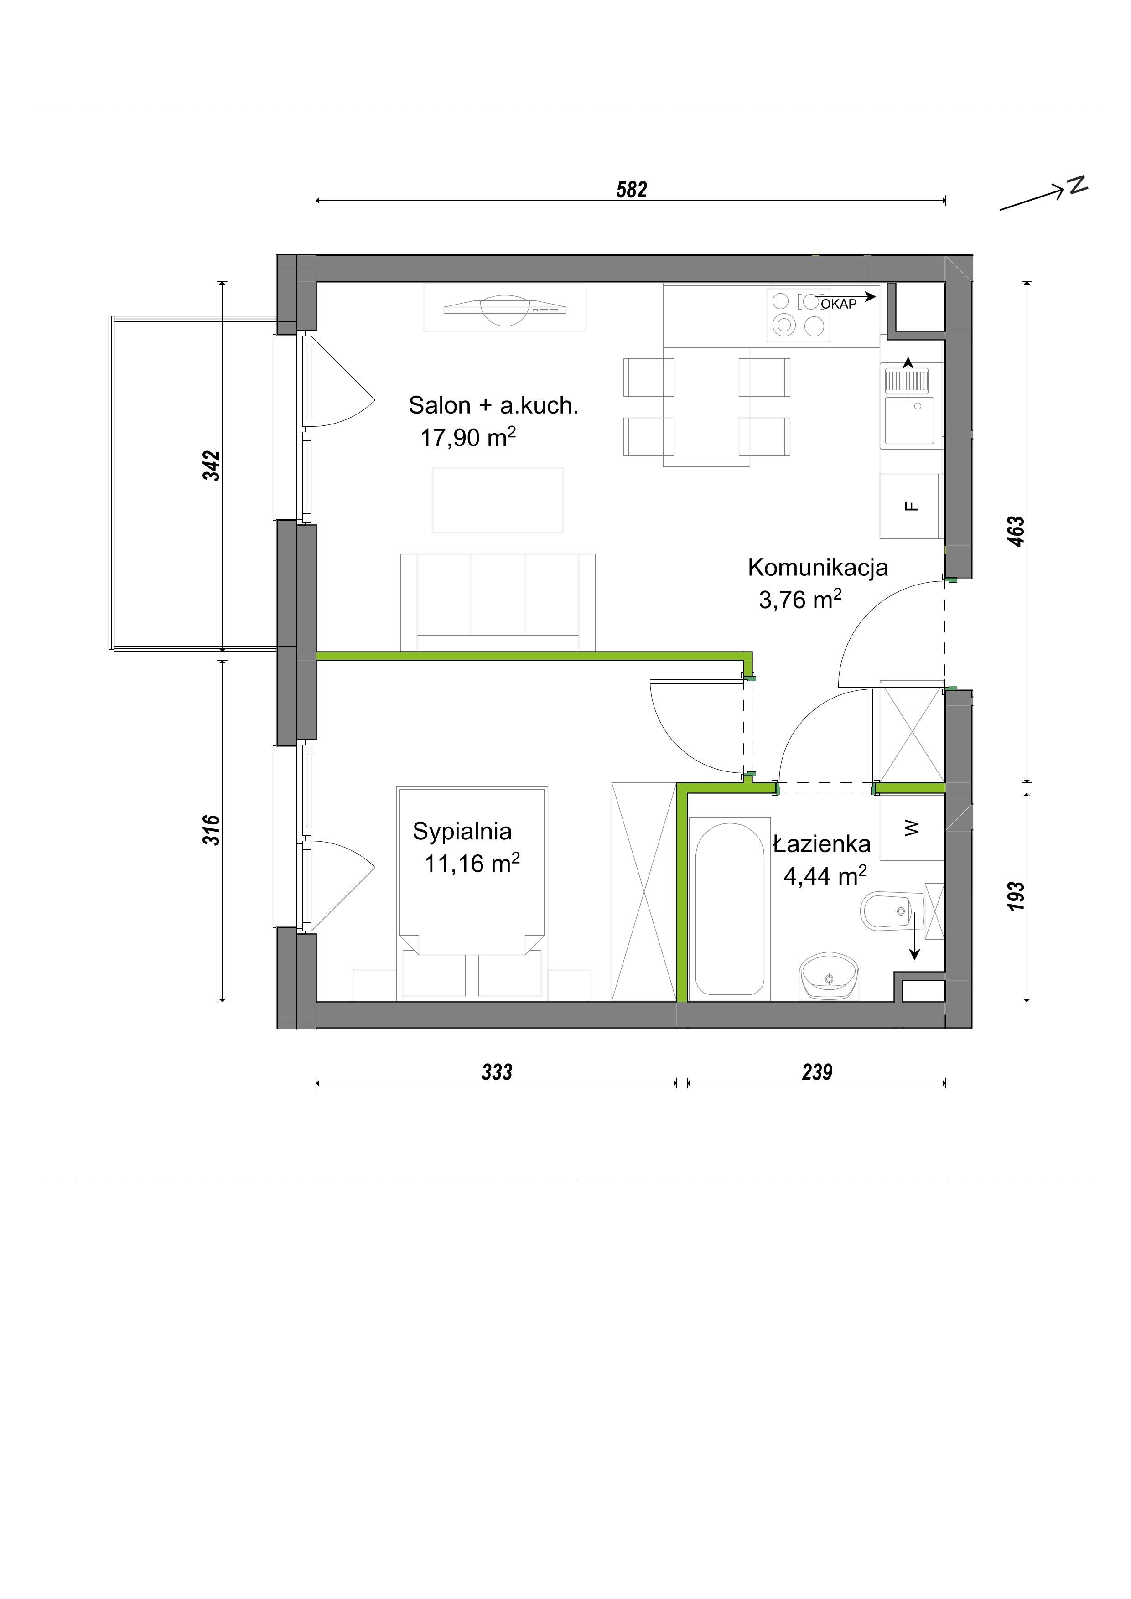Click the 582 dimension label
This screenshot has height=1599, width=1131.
[632, 189]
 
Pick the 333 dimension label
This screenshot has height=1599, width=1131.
[497, 1072]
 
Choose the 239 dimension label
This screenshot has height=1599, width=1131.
[817, 1072]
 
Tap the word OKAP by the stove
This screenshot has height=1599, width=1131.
[839, 304]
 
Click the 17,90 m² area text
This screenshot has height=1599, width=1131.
[468, 437]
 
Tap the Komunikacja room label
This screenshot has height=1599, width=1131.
[818, 568]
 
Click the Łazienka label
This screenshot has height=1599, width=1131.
[822, 843]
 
